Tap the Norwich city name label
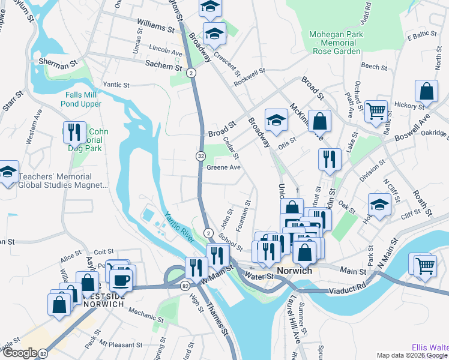pyautogui.click(x=294, y=271)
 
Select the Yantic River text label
pyautogui.click(x=178, y=228)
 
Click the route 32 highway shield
pyautogui.click(x=200, y=156)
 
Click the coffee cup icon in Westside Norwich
pyautogui.click(x=121, y=279)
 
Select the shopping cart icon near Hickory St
pyautogui.click(x=376, y=110)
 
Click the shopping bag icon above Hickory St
pyautogui.click(x=426, y=92)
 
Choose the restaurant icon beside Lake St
pyautogui.click(x=329, y=159)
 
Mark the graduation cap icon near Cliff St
pyautogui.click(x=379, y=203)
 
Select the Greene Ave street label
pyautogui.click(x=223, y=167)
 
